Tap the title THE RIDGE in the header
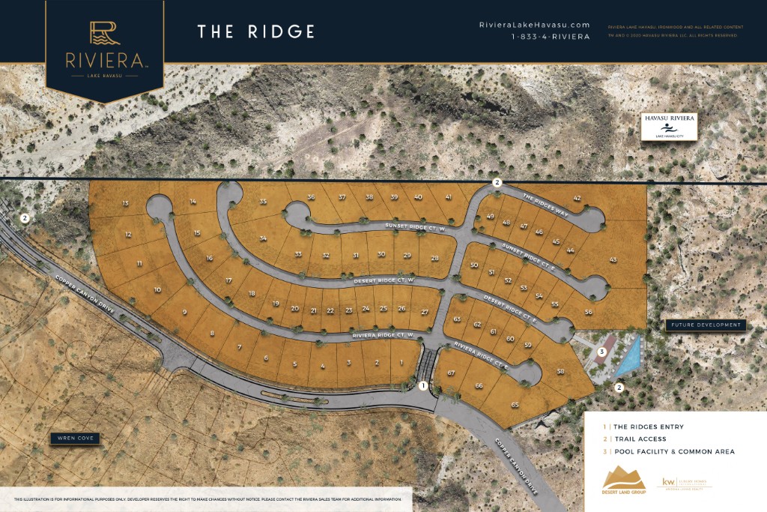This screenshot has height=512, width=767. click(255, 31)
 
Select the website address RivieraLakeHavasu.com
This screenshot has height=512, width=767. click(534, 25)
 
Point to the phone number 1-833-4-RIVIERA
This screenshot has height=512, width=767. click(551, 37)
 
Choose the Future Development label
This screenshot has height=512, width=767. click(706, 325)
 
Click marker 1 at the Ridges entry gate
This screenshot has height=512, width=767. click(423, 386)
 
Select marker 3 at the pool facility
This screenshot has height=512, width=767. click(601, 351)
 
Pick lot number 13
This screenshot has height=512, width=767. click(126, 203)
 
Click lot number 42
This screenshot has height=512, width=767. click(577, 198)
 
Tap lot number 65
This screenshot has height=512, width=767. click(515, 405)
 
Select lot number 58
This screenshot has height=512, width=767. click(560, 372)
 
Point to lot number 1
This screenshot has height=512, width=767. click(402, 362)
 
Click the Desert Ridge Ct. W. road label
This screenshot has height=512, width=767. click(383, 280)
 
